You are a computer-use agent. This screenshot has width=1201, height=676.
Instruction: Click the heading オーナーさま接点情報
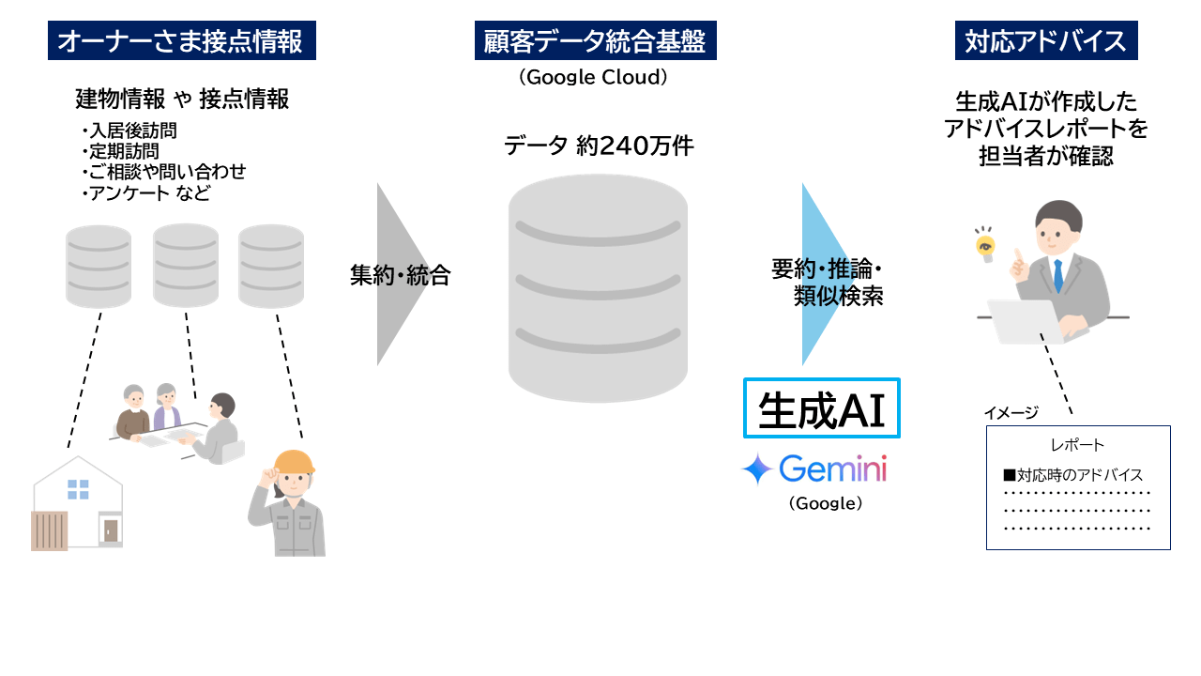pyautogui.click(x=181, y=41)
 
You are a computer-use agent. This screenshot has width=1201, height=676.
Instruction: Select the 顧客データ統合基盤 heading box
pyautogui.click(x=595, y=41)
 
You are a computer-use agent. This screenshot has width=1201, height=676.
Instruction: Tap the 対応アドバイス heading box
pyautogui.click(x=1046, y=41)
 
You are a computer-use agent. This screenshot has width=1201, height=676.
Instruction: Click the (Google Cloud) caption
pyautogui.click(x=594, y=78)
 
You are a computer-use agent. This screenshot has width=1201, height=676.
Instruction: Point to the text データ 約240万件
pyautogui.click(x=599, y=146)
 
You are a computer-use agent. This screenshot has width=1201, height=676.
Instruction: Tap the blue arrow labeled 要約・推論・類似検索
pyautogui.click(x=824, y=274)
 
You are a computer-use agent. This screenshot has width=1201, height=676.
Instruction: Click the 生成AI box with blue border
pyautogui.click(x=822, y=408)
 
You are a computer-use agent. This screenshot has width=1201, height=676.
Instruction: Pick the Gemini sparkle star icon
pyautogui.click(x=756, y=469)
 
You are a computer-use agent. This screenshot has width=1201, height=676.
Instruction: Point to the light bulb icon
pyautogui.click(x=984, y=246)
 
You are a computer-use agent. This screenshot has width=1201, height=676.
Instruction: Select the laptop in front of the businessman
pyautogui.click(x=1024, y=321)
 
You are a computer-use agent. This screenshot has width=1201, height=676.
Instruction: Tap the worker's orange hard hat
pyautogui.click(x=293, y=462)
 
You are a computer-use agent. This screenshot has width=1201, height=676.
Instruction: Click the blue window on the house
pyautogui.click(x=78, y=489)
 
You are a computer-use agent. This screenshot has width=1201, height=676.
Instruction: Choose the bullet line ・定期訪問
pyautogui.click(x=120, y=151)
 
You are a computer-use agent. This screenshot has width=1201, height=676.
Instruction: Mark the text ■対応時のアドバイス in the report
pyautogui.click(x=1072, y=475)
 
